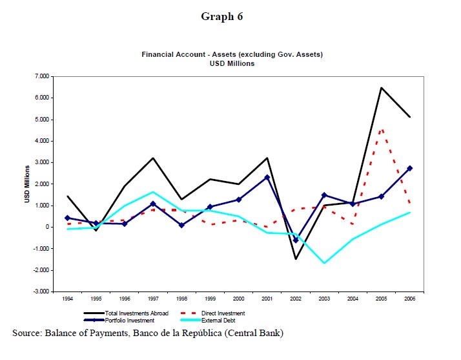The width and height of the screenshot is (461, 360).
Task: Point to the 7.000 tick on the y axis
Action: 42,76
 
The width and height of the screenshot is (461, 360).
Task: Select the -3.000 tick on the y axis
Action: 41,291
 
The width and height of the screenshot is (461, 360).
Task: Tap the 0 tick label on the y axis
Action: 47,227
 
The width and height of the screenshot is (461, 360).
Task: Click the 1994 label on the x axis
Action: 68,299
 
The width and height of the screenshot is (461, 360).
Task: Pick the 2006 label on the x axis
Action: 409,299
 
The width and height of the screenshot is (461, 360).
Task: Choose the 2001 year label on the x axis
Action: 267,299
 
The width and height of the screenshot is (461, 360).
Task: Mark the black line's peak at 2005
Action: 381,87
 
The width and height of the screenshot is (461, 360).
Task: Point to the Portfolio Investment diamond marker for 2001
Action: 267,177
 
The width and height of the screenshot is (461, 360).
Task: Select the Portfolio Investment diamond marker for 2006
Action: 409,168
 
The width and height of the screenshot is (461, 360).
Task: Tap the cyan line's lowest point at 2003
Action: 323,263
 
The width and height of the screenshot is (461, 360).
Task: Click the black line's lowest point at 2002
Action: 295,259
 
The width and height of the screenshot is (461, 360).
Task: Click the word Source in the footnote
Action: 26,333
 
